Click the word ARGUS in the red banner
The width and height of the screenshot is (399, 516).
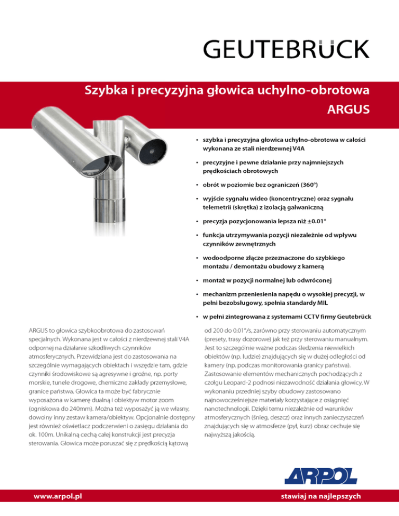[x=349, y=110]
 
